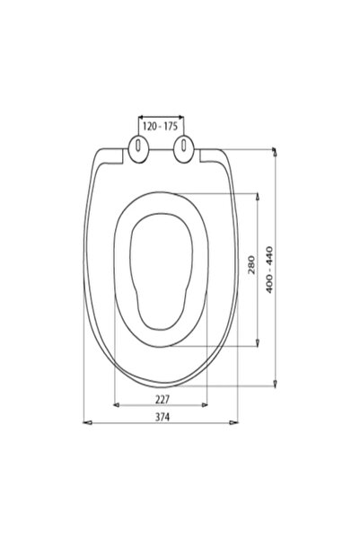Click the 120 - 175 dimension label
coord(160,127)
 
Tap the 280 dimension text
coord(252,264)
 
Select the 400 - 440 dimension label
coord(269,270)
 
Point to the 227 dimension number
coord(162,400)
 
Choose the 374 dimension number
coord(162,417)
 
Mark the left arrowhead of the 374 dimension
coord(87,422)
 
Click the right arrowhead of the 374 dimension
coord(233,422)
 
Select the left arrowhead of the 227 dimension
coord(117,405)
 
